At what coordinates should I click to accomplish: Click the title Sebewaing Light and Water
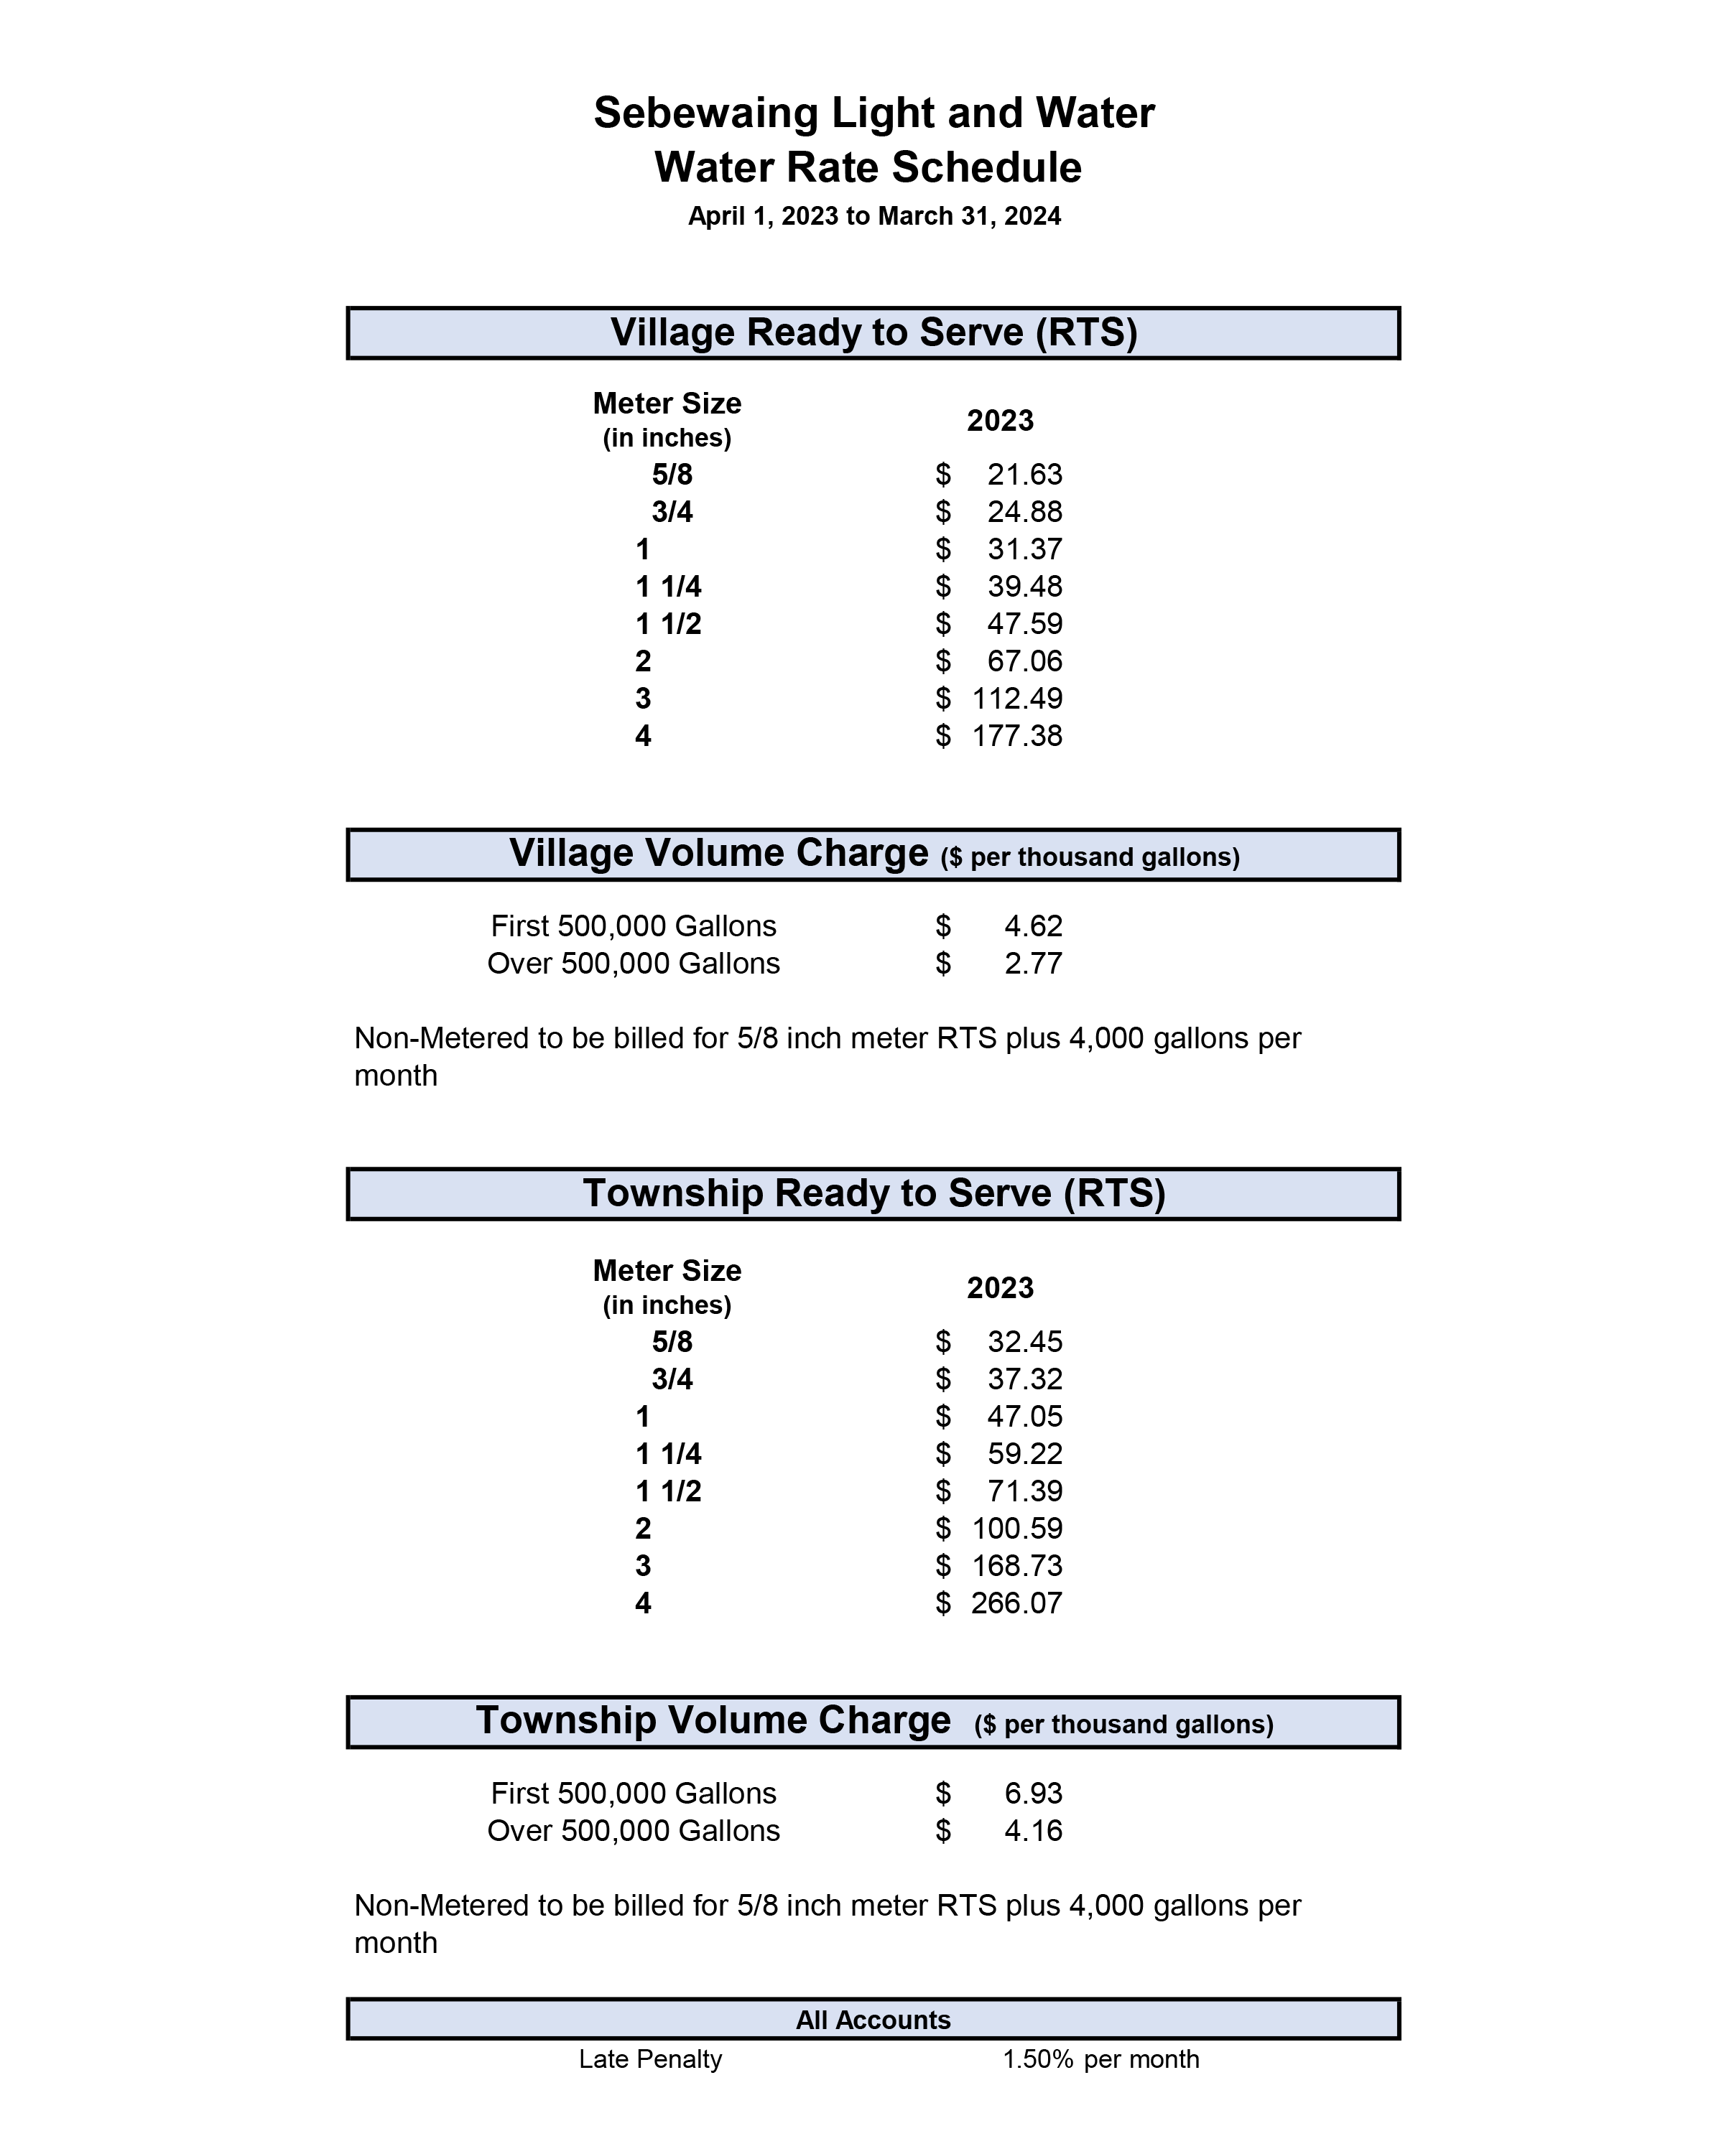(x=873, y=113)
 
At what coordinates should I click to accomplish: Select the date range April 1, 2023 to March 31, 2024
(x=873, y=216)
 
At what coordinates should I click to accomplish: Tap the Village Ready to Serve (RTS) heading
(x=873, y=332)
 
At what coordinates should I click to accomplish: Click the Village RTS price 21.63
(x=1024, y=475)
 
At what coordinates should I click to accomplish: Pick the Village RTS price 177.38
(x=1016, y=737)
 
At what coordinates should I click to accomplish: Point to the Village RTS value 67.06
(x=1024, y=661)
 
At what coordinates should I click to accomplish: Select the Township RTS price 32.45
(x=1024, y=1342)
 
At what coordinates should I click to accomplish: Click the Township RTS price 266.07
(x=1016, y=1603)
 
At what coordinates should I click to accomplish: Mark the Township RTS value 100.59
(x=1016, y=1529)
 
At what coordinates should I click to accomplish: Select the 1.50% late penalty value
(x=1037, y=2059)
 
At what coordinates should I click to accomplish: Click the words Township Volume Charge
(x=713, y=1720)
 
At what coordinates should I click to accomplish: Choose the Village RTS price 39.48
(x=1024, y=587)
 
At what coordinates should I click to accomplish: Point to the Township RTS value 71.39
(x=1024, y=1491)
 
